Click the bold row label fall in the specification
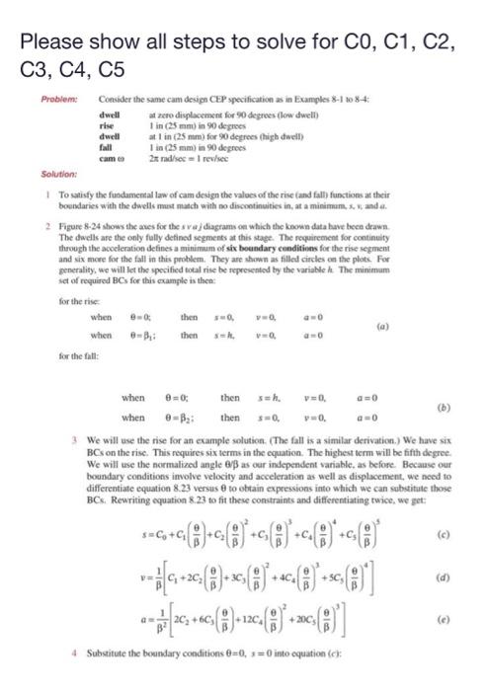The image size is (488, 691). pyautogui.click(x=106, y=146)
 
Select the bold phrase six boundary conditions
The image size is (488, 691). pyautogui.click(x=285, y=259)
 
